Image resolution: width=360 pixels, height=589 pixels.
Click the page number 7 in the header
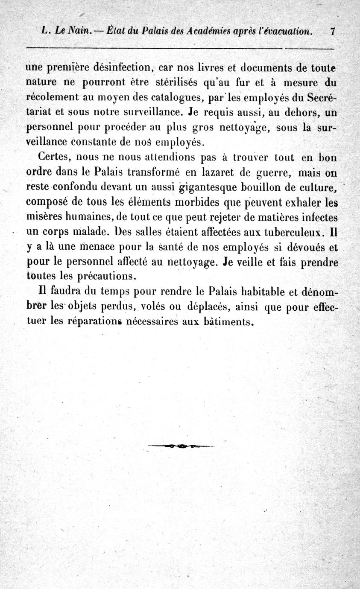332,31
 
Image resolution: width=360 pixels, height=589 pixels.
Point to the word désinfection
123,67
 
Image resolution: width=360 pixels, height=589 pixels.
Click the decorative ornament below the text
181,446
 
